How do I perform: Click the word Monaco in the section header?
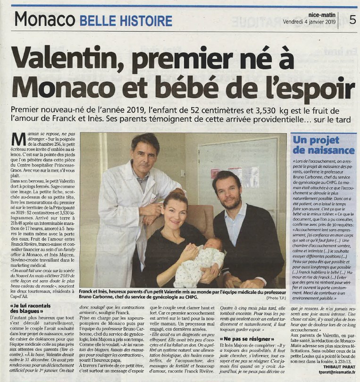click(x=45, y=19)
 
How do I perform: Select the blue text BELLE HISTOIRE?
click(x=126, y=21)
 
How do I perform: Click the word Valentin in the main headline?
click(x=69, y=58)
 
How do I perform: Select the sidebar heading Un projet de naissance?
click(x=316, y=145)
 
